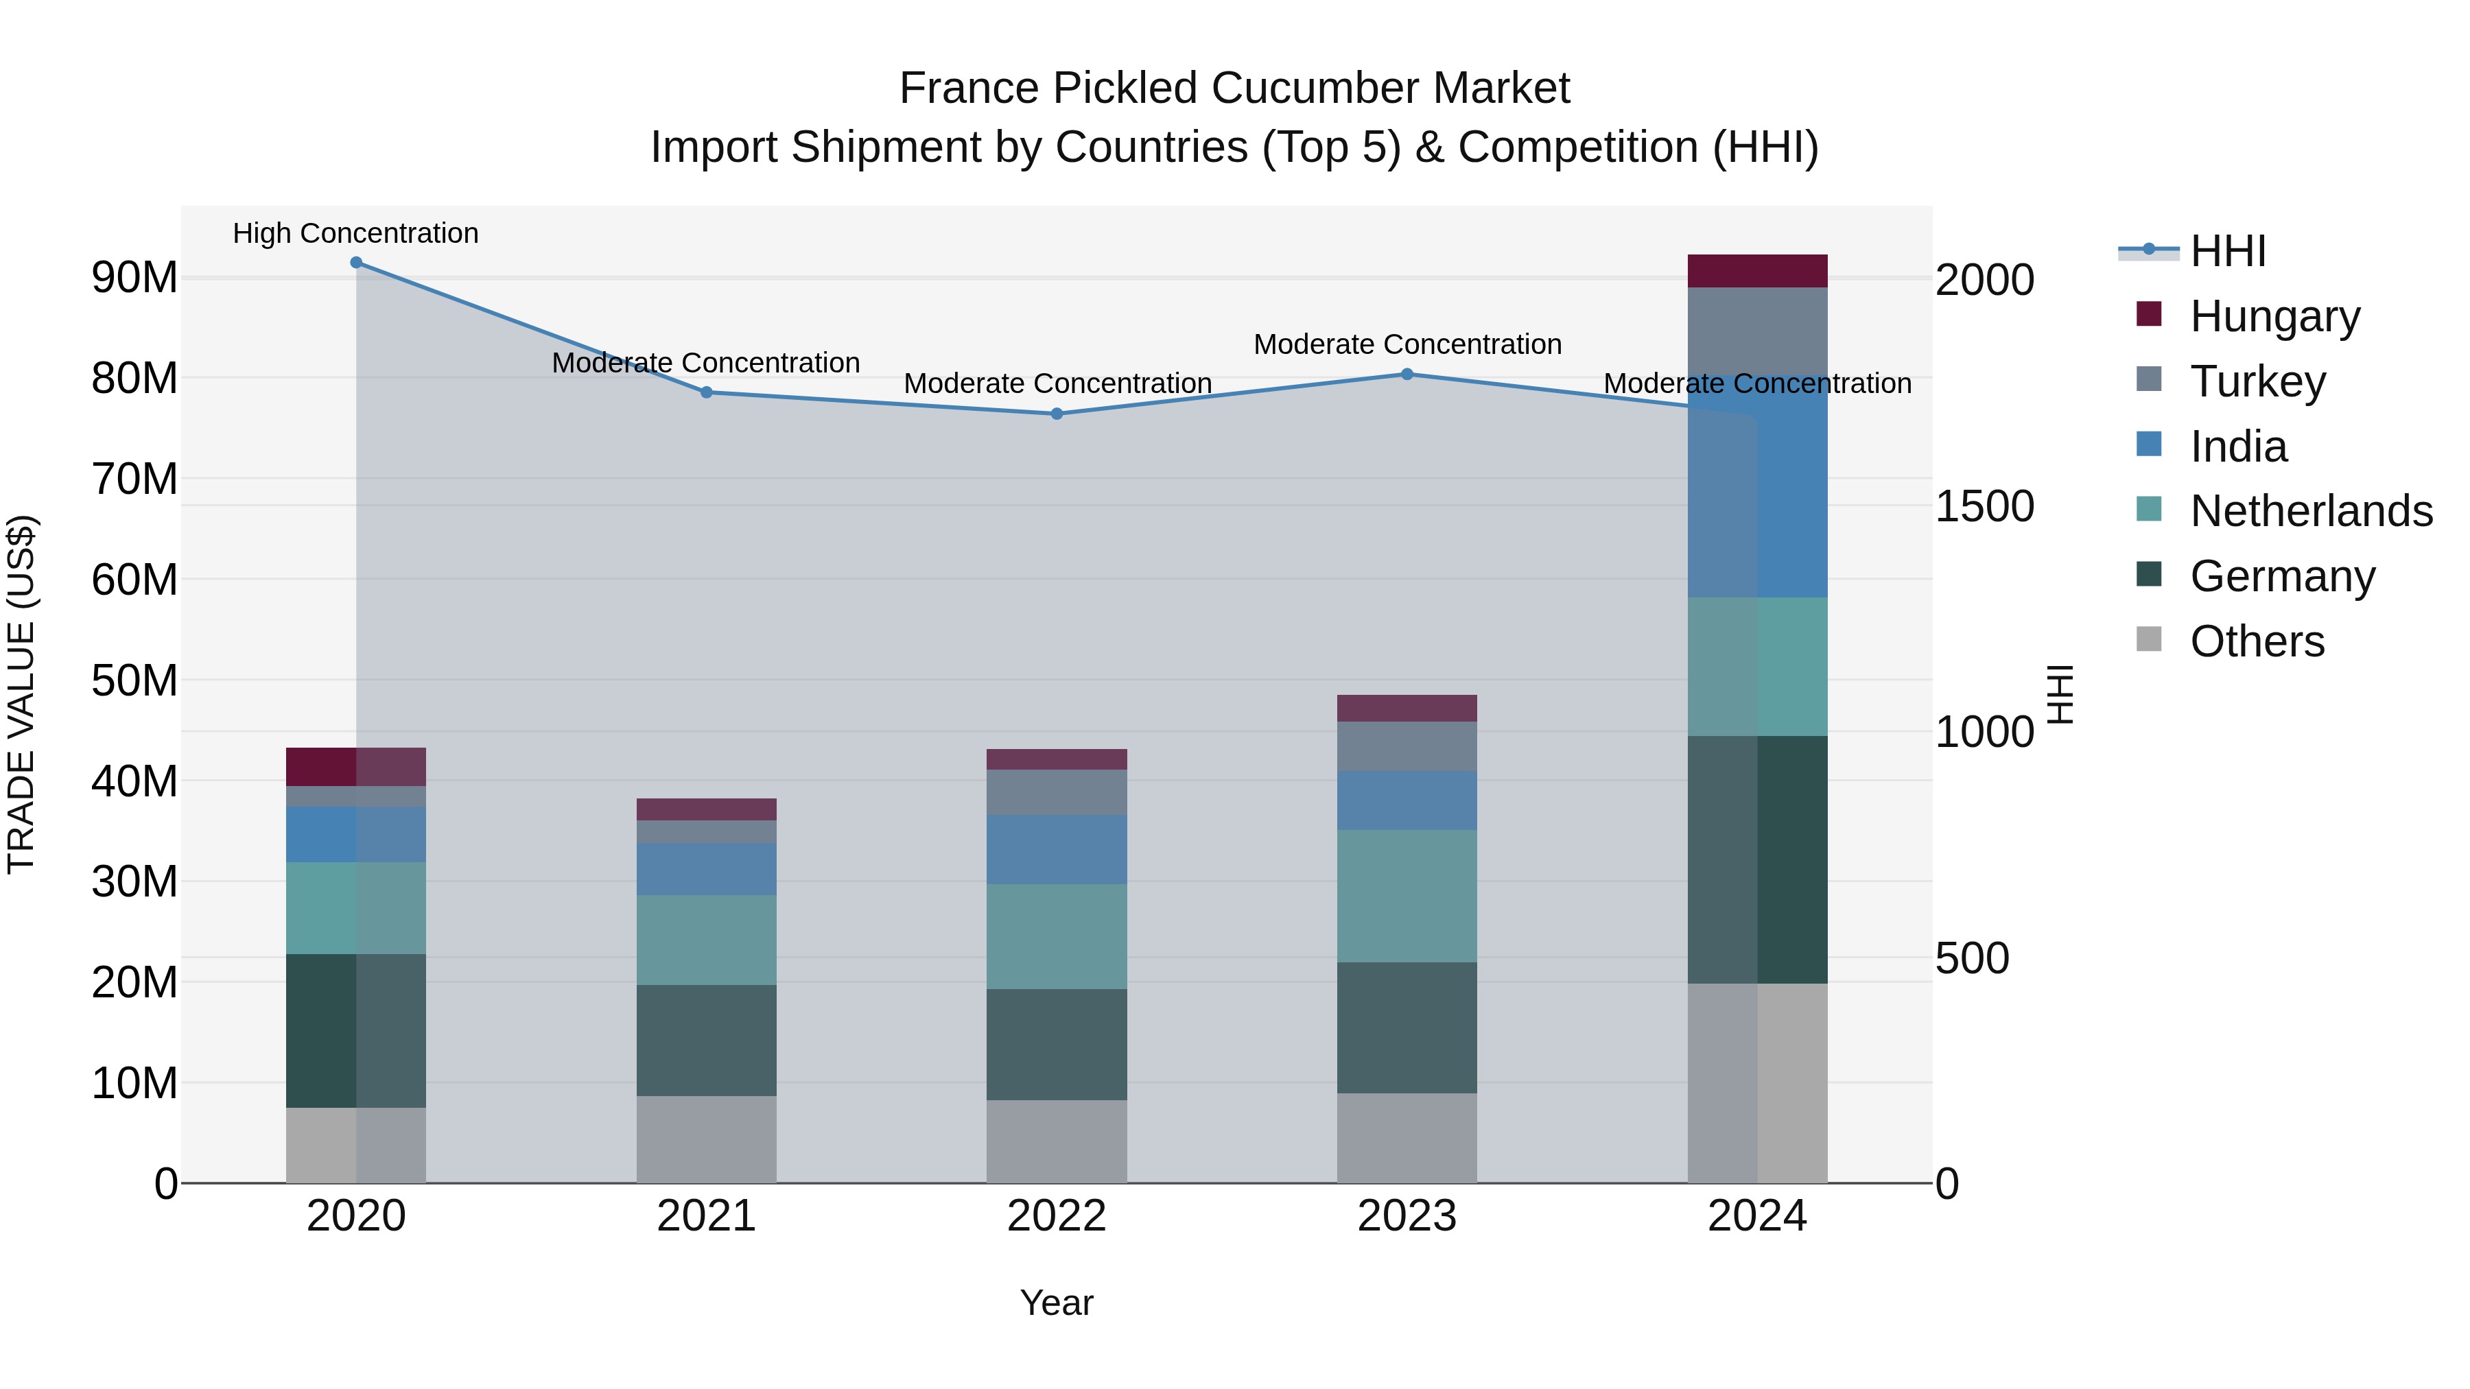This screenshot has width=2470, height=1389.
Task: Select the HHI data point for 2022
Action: pyautogui.click(x=1057, y=414)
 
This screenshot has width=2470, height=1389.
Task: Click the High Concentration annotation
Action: pyautogui.click(x=355, y=233)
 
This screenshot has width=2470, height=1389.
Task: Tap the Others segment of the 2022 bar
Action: pyautogui.click(x=1057, y=1141)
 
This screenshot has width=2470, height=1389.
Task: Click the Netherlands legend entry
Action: pyautogui.click(x=2311, y=511)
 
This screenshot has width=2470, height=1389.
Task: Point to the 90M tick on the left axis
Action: pyautogui.click(x=134, y=278)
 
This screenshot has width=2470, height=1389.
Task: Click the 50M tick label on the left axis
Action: pyautogui.click(x=134, y=680)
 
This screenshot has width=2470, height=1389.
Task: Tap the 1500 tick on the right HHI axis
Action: pyautogui.click(x=1984, y=506)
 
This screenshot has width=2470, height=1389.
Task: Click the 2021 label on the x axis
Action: pyautogui.click(x=706, y=1216)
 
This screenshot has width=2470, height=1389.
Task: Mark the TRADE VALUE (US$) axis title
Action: pyautogui.click(x=21, y=694)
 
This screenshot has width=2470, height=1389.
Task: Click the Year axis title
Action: pyautogui.click(x=1057, y=1303)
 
